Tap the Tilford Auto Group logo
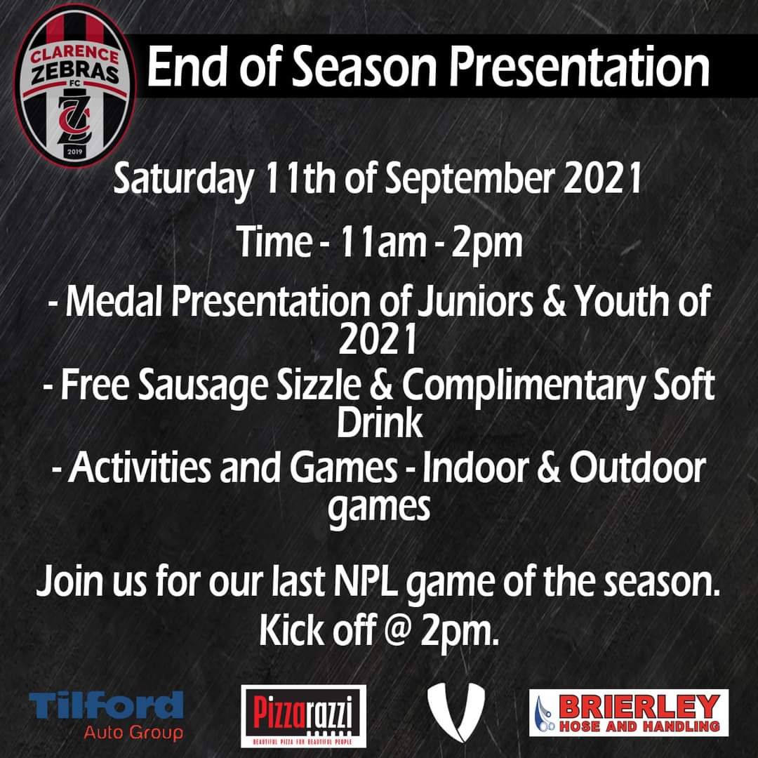click(x=106, y=713)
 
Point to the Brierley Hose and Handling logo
click(x=629, y=712)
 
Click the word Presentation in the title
click(x=580, y=68)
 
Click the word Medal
click(x=117, y=303)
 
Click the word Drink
click(x=380, y=423)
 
